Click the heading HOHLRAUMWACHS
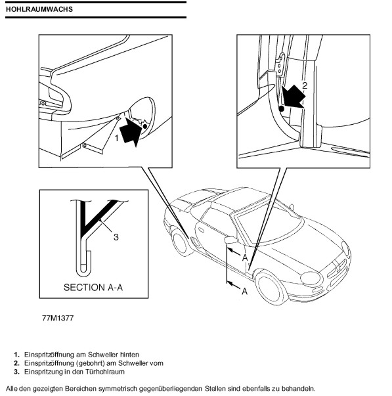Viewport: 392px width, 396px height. point(39,9)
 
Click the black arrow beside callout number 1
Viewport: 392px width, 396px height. point(131,132)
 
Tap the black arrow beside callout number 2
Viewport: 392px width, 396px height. point(293,97)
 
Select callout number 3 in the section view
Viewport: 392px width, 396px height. point(116,237)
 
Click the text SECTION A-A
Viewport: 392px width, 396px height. point(93,288)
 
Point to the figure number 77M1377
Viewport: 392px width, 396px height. point(58,318)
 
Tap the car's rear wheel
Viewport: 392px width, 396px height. point(181,242)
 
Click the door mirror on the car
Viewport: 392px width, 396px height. point(231,240)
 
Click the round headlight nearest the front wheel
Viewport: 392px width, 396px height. point(311,278)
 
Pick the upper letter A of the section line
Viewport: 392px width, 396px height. point(245,258)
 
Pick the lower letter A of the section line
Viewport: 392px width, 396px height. point(244,292)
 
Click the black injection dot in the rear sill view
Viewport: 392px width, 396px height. point(144,126)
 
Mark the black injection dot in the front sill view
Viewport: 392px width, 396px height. point(282,109)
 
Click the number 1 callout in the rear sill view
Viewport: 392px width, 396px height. point(116,138)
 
